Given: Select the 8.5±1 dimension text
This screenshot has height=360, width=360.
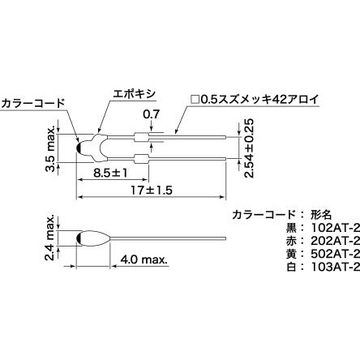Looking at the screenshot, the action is point(110,173).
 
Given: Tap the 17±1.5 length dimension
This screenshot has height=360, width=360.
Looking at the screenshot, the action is point(152,191).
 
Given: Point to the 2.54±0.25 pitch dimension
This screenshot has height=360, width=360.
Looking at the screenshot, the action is point(249,148).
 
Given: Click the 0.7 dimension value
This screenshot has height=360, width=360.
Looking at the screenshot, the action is point(152,114).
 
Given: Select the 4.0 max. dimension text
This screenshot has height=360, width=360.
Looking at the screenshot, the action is point(144,259).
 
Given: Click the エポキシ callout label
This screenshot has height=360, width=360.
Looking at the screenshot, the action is point(135,94).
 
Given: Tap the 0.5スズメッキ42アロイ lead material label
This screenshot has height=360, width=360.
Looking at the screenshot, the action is point(255,100).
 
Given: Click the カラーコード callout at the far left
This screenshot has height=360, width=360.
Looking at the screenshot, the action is point(32,103).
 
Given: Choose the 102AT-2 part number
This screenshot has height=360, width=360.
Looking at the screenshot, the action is point(335,228).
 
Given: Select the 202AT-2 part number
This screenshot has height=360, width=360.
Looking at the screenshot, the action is point(335,241).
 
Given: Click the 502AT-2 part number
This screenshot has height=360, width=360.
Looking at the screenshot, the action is point(335,254).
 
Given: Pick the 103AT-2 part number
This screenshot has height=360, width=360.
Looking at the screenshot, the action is point(335,267).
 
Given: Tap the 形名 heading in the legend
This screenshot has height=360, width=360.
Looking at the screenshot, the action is point(320,215).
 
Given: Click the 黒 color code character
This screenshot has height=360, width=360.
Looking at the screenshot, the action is point(292,228).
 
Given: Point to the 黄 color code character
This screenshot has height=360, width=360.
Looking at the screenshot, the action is point(292,254).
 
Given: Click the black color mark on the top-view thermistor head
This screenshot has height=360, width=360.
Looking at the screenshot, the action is point(79,148).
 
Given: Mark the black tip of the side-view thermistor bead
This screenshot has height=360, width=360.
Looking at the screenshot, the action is point(79,238).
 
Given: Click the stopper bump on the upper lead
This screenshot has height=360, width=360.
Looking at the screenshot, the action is point(141,137).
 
